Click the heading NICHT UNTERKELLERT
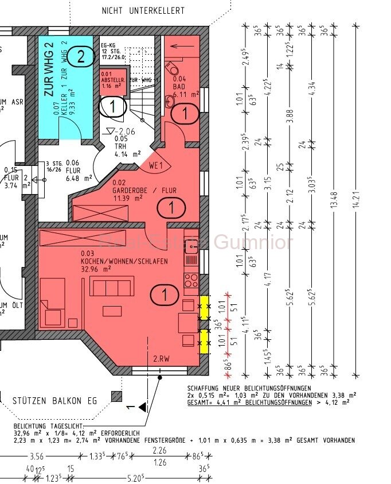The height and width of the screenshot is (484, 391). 143,10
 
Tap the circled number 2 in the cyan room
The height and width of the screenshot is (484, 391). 83,56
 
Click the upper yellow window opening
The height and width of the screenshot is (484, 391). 204,303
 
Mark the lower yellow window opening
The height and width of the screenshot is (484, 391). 204,340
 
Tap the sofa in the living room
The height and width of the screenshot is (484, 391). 112,285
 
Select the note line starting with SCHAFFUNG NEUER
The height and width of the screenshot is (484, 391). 249,389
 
